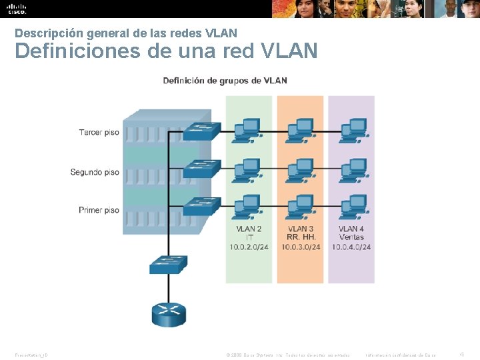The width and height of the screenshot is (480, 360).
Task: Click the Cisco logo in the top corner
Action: point(16,9)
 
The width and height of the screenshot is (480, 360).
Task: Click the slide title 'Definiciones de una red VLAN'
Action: point(166,51)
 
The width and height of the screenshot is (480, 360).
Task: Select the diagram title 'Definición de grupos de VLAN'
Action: point(225,81)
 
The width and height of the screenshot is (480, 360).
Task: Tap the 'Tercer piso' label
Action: point(99,133)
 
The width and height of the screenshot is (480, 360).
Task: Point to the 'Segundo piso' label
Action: point(95,172)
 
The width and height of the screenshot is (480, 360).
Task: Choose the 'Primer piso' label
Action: point(99,211)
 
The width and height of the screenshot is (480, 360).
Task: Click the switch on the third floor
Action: point(201,131)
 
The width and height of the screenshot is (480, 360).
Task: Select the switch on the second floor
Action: point(201,168)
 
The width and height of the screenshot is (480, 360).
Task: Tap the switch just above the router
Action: point(168,265)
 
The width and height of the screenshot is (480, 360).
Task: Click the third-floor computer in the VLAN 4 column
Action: point(351,129)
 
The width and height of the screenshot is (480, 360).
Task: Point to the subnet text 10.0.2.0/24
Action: point(249,247)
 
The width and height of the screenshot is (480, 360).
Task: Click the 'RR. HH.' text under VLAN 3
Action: point(301,237)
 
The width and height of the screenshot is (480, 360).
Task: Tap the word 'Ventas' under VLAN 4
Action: point(351,237)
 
